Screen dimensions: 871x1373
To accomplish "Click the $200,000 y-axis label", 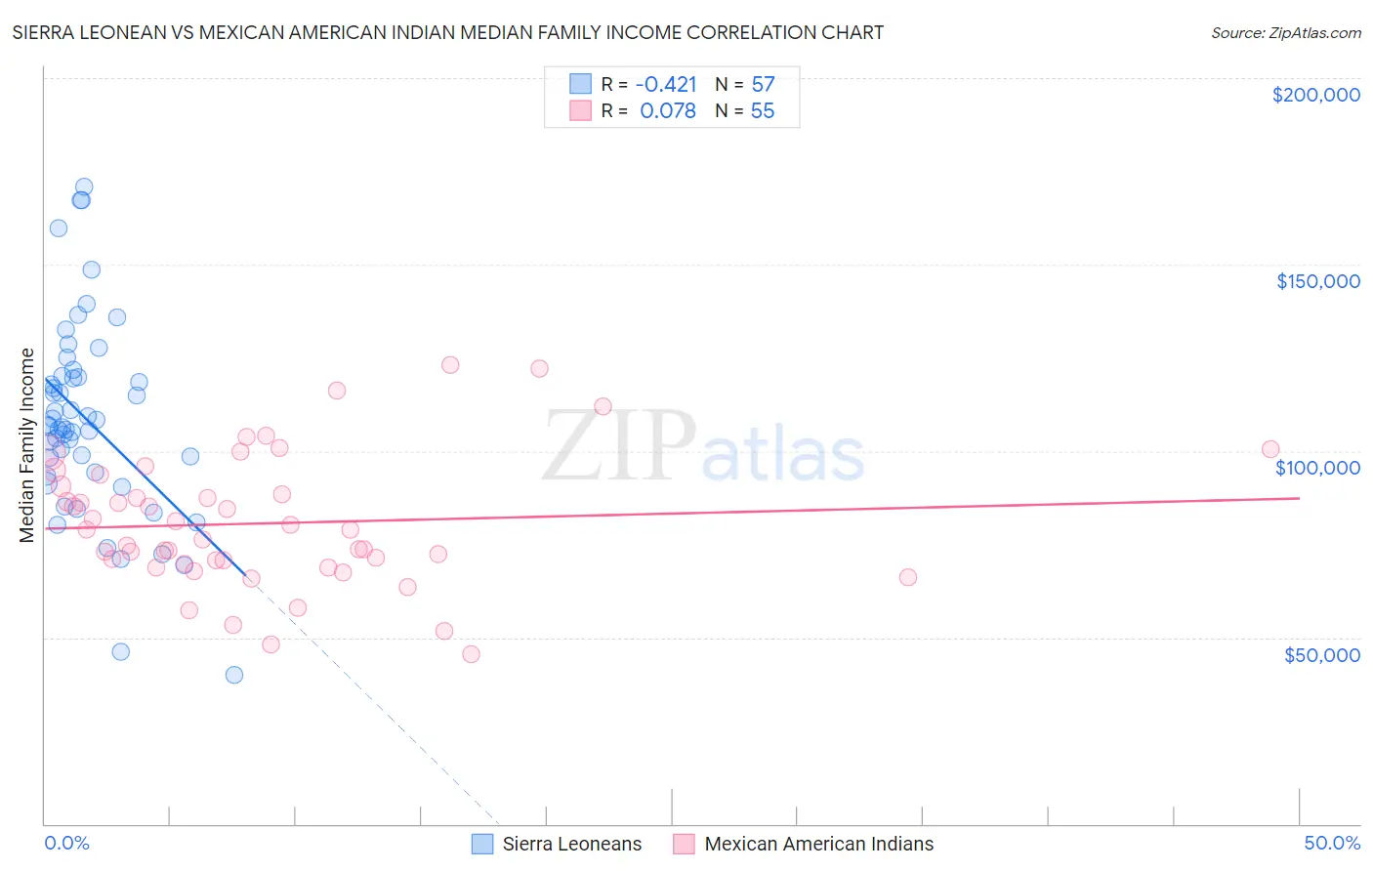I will coord(1315,95).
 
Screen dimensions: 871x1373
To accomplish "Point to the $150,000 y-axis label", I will coord(1317,281).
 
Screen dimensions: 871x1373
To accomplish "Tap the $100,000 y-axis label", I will coord(1317,468).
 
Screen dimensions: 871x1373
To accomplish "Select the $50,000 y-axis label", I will coord(1321,654).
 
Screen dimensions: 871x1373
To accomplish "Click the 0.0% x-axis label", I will coord(66,843).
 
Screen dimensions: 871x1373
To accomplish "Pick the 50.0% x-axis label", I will coord(1331,843).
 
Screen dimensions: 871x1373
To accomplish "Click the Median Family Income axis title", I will coord(27,445).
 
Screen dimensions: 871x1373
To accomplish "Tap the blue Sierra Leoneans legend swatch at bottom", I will coord(482,844).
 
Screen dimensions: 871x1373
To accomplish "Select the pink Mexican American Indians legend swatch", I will coord(684,844).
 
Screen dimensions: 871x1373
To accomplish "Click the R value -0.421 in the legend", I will coord(666,84).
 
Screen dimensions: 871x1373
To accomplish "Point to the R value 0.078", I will coord(668,111).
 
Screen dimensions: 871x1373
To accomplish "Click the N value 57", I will coord(763,84).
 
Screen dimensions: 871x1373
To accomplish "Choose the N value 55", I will coord(763,111).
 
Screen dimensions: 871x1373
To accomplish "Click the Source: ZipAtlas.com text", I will coord(1285,33).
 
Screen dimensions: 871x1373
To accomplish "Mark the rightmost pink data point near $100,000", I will coord(1270,449).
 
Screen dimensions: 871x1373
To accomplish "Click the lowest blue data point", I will coord(234,675).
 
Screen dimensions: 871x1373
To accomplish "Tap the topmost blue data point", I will coord(84,187).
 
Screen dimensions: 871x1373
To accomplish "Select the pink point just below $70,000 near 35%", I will coord(908,577).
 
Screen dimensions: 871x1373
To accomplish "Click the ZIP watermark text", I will coord(619,446).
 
